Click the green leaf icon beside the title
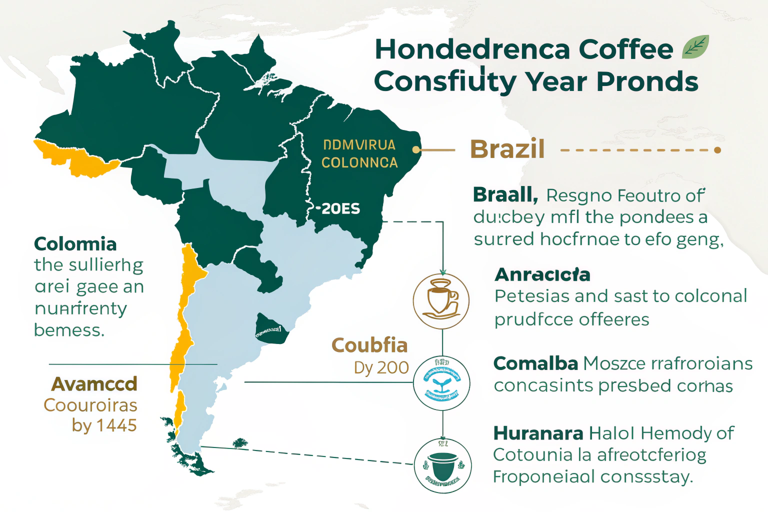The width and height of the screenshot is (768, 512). pyautogui.click(x=695, y=47)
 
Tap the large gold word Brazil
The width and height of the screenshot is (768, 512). pyautogui.click(x=507, y=149)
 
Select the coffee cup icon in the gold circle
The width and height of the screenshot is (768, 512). pyautogui.click(x=441, y=301)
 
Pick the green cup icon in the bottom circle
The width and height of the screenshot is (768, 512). pyautogui.click(x=442, y=466)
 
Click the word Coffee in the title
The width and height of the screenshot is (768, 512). pyautogui.click(x=626, y=49)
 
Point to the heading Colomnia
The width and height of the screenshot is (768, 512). pyautogui.click(x=75, y=244)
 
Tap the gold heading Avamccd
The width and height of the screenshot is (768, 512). pyautogui.click(x=94, y=384)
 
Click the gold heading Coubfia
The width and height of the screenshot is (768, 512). pyautogui.click(x=369, y=345)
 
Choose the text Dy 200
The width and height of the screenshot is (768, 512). pyautogui.click(x=381, y=367)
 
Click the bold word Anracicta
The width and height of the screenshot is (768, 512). pyautogui.click(x=542, y=274)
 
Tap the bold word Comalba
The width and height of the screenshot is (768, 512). pyautogui.click(x=535, y=363)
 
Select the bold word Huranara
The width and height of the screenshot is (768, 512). pyautogui.click(x=538, y=433)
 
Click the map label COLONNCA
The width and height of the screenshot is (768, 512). pyautogui.click(x=359, y=162)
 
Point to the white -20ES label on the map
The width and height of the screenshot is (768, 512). pyautogui.click(x=338, y=208)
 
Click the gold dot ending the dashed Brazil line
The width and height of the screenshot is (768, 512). pyautogui.click(x=717, y=150)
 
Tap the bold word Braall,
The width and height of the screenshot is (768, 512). pyautogui.click(x=505, y=194)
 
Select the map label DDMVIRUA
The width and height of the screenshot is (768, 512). pyautogui.click(x=359, y=145)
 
